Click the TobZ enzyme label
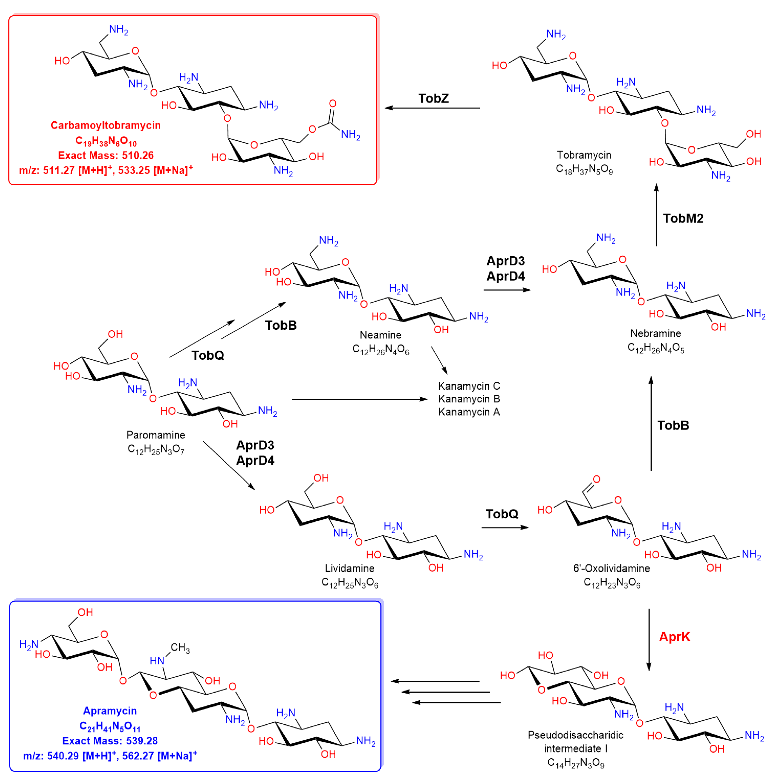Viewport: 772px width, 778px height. click(x=433, y=98)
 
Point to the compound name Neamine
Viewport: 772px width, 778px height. click(x=380, y=335)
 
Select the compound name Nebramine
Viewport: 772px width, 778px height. click(x=656, y=333)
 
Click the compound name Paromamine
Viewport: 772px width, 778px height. click(x=156, y=435)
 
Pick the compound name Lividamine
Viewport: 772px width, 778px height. click(x=349, y=568)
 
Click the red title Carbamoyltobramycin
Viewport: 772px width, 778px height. click(x=106, y=125)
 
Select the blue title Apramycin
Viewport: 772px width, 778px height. click(x=110, y=711)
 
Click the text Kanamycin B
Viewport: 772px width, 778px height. click(x=469, y=399)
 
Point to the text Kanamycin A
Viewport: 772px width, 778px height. click(x=469, y=412)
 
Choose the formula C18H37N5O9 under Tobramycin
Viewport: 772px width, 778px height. click(x=584, y=169)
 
